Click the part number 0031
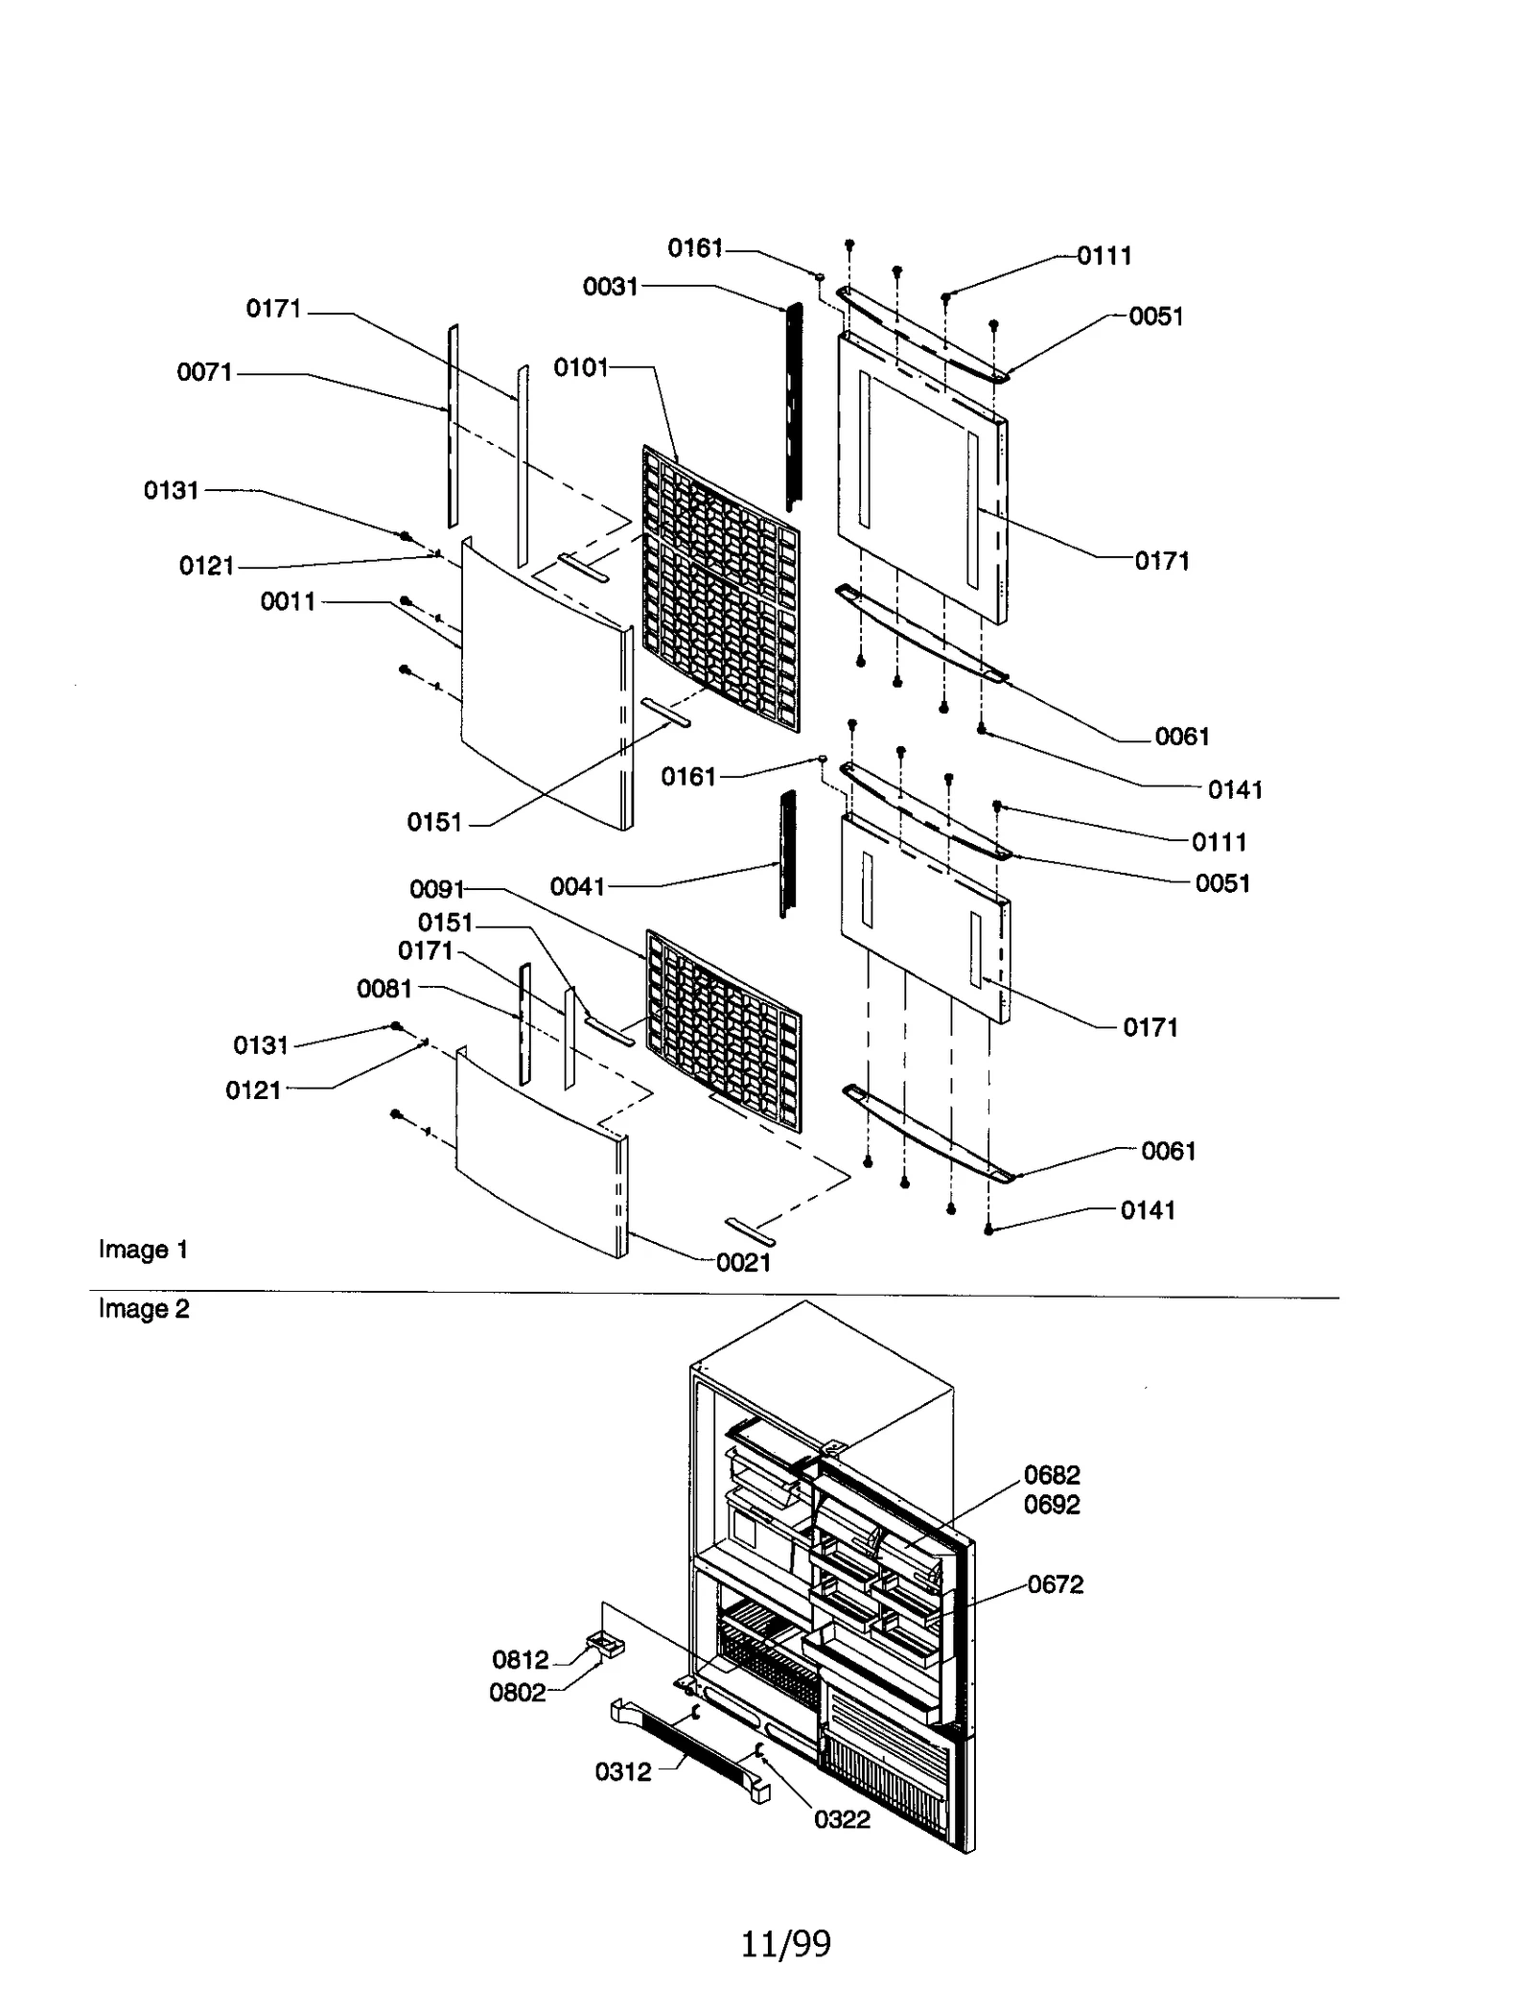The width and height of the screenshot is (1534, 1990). point(611,286)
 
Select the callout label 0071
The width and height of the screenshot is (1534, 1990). point(204,372)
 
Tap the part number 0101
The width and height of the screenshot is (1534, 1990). point(581,367)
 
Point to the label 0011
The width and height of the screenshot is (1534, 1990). point(288,601)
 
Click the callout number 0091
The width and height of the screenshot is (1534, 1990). point(436,889)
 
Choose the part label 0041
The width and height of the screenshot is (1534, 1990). point(577,886)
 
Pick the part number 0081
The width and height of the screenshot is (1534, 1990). point(383,989)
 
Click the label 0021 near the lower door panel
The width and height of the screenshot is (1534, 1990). point(743,1262)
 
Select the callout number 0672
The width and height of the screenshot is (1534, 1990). point(1056,1584)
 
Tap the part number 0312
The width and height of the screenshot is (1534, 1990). point(623,1771)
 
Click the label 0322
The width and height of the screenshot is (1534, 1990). point(842,1819)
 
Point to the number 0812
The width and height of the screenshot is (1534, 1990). point(521,1659)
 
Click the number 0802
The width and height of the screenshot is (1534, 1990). point(518,1692)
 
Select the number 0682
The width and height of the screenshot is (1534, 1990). point(1052,1474)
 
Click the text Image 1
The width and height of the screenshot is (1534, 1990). point(143,1249)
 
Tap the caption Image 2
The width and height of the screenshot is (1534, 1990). point(144,1308)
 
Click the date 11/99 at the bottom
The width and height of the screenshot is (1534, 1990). point(785,1944)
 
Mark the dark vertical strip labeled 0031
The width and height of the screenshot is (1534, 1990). point(794,408)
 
